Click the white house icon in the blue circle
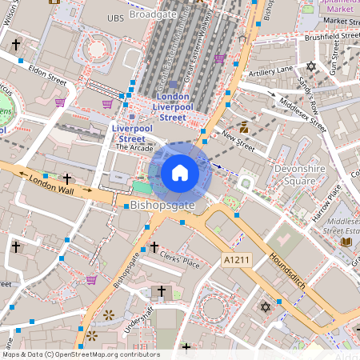pyautogui.click(x=180, y=173)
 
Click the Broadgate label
pyautogui.click(x=154, y=14)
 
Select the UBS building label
pyautogui.click(x=116, y=17)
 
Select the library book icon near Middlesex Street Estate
pyautogui.click(x=346, y=242)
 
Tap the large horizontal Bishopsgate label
pyautogui.click(x=162, y=206)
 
